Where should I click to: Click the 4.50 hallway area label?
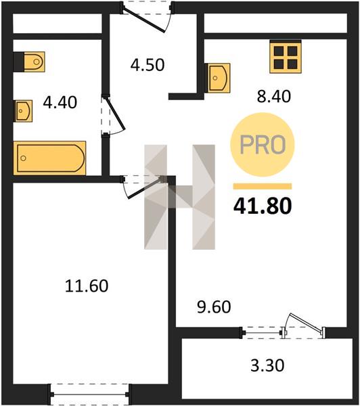pyautogui.click(x=148, y=65)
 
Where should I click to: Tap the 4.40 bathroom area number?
pyautogui.click(x=60, y=102)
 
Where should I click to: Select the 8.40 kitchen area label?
pyautogui.click(x=274, y=96)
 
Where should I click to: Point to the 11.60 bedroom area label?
pyautogui.click(x=87, y=286)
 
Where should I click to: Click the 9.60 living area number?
pyautogui.click(x=214, y=307)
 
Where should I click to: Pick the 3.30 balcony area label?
pyautogui.click(x=267, y=365)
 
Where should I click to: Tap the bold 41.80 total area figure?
pyautogui.click(x=263, y=206)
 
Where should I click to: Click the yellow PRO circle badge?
pyautogui.click(x=263, y=145)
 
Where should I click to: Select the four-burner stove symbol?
pyautogui.click(x=286, y=56)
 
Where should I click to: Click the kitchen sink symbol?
pyautogui.click(x=217, y=78)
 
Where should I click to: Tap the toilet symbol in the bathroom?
pyautogui.click(x=29, y=62)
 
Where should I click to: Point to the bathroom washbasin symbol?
pyautogui.click(x=23, y=111)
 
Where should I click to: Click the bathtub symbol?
pyautogui.click(x=49, y=158)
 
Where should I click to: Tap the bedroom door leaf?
pyautogui.click(x=145, y=187)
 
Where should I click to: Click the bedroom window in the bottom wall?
pyautogui.click(x=89, y=394)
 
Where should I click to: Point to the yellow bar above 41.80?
pyautogui.click(x=263, y=187)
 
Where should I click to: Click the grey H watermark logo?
pyautogui.click(x=179, y=197)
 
